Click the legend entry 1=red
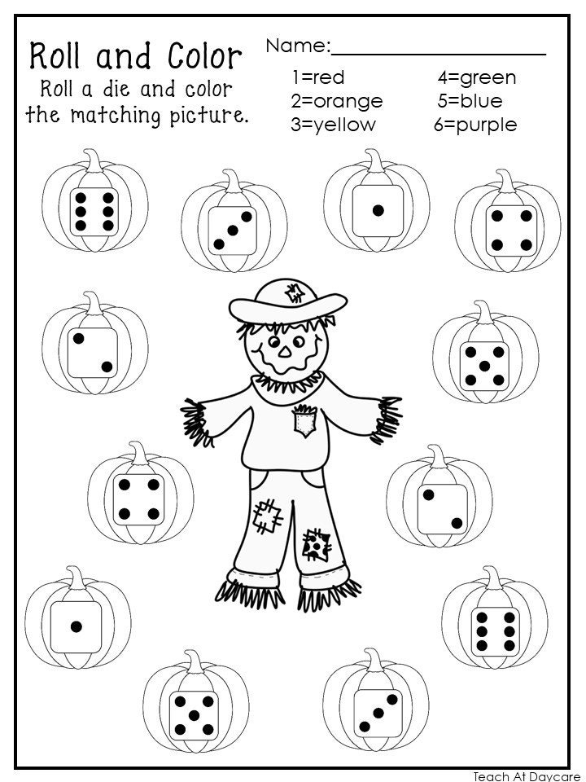click(317, 78)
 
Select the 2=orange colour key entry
click(336, 102)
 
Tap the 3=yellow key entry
click(333, 125)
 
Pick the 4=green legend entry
click(476, 78)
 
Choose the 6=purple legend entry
click(475, 125)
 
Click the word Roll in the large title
click(59, 57)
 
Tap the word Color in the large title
click(200, 57)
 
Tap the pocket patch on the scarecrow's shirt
click(304, 422)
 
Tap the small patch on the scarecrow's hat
click(295, 292)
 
